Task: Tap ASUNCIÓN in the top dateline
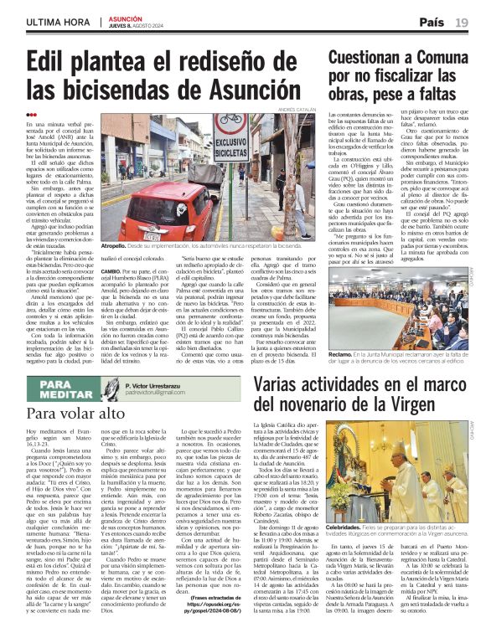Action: click(x=124, y=18)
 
